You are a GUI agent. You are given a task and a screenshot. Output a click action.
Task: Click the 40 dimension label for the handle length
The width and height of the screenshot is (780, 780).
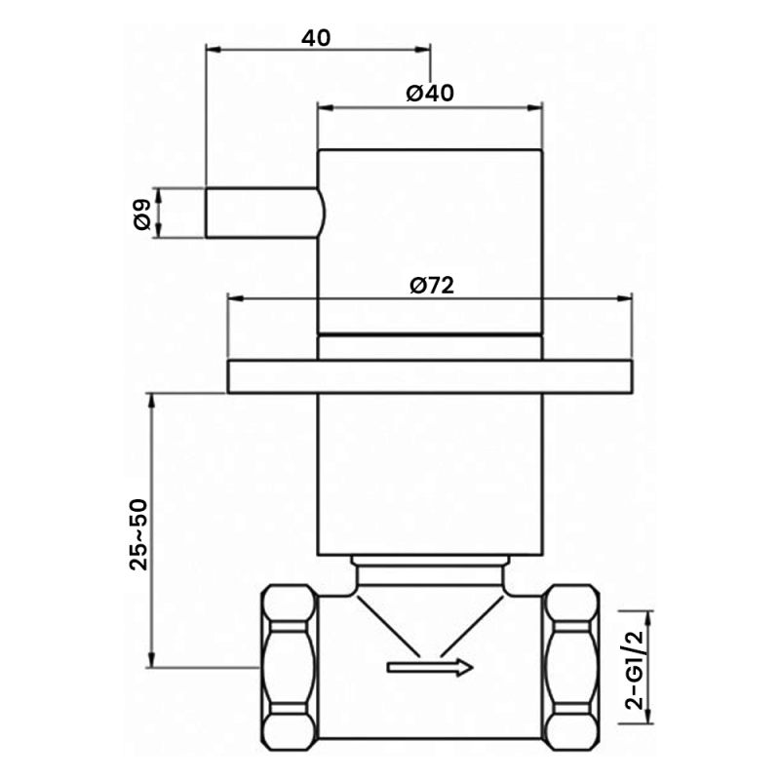pos(316,38)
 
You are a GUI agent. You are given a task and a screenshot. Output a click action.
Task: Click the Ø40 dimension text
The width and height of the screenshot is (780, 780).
pos(430,94)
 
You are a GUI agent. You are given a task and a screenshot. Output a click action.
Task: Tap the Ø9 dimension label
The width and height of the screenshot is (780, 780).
pos(141,214)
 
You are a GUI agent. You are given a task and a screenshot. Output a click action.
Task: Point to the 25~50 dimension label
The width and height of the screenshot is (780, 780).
pos(138,533)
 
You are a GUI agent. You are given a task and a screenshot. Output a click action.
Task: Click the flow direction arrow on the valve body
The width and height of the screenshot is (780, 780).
pos(430,667)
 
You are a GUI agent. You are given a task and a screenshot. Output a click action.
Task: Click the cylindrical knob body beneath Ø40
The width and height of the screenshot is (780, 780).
pos(430,239)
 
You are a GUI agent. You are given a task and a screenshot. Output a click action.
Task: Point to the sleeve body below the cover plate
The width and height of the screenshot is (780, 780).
pos(430,473)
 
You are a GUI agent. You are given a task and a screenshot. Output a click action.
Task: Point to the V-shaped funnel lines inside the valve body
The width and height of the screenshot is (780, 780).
pos(430,624)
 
